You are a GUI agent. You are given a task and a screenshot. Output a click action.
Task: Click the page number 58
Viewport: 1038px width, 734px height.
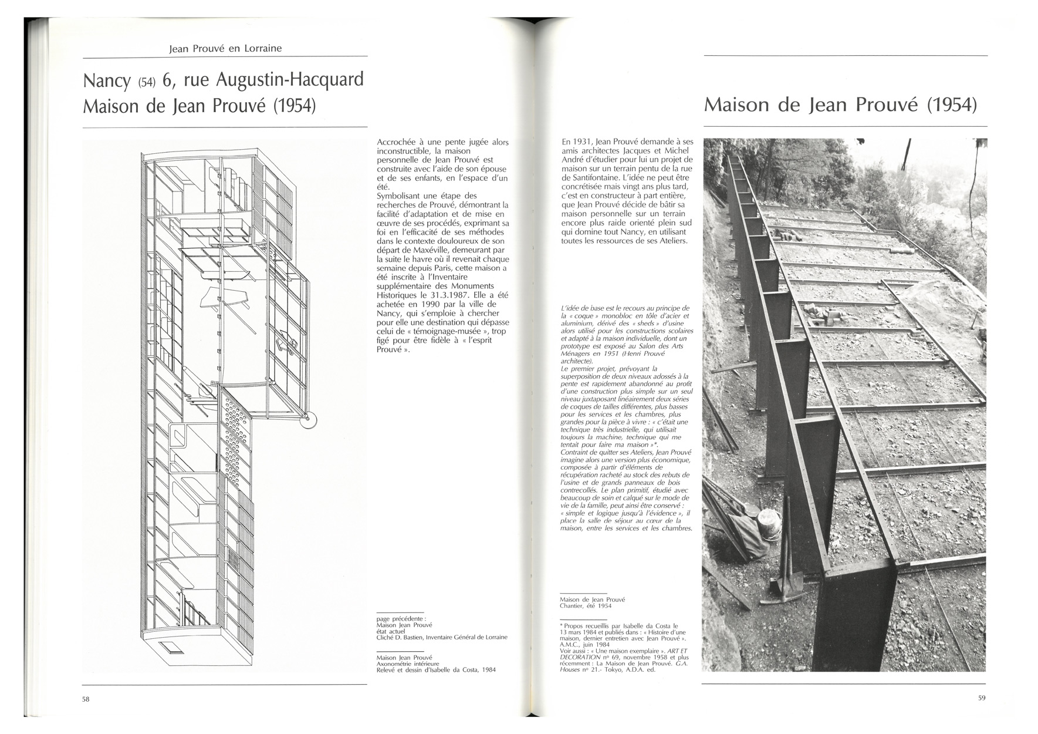86,698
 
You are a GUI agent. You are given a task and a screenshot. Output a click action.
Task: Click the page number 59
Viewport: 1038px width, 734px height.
982,698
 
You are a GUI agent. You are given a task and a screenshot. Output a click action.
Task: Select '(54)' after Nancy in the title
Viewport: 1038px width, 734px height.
147,82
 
